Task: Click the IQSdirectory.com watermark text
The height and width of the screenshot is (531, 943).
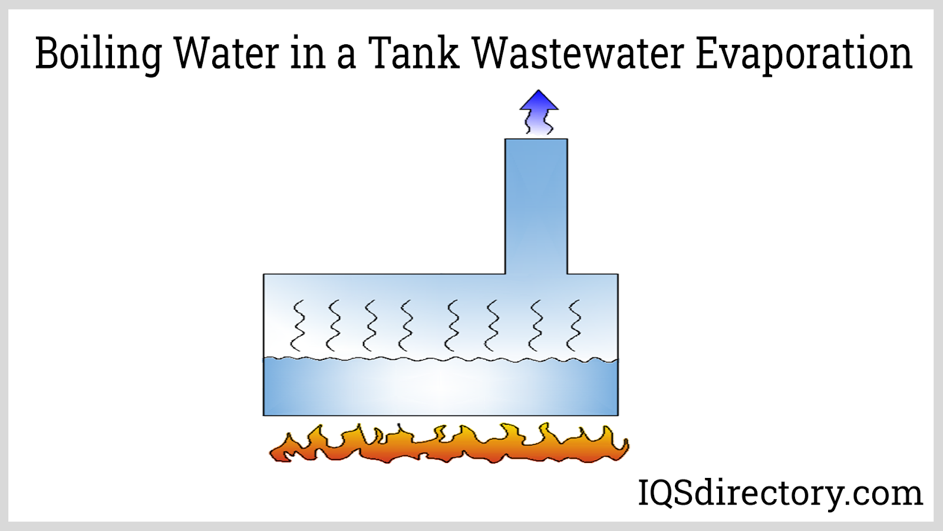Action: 780,493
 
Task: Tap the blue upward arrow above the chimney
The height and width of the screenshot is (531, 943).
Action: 539,112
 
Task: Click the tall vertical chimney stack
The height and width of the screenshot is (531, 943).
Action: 536,206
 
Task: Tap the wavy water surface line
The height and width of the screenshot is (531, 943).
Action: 440,359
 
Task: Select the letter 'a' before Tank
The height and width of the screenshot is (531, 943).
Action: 346,57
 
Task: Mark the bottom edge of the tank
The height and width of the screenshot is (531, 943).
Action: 440,415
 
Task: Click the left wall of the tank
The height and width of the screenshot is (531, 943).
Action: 263,345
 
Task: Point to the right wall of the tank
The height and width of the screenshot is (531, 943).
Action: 618,345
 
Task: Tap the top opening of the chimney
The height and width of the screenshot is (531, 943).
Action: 536,140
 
